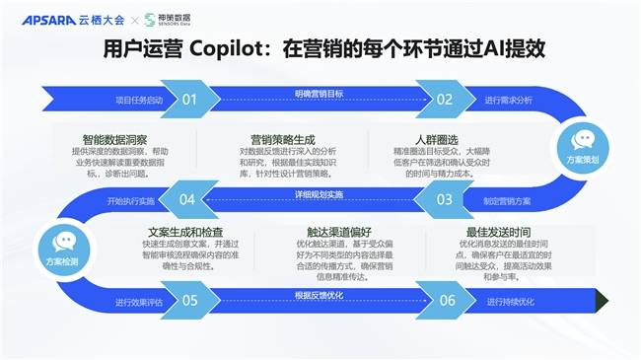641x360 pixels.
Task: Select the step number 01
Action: click(189, 99)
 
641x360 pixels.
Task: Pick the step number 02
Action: click(445, 99)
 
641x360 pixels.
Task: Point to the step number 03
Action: click(445, 199)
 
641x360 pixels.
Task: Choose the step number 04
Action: click(187, 199)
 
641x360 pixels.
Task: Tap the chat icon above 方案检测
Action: click(65, 241)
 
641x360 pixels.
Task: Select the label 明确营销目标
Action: click(319, 93)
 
